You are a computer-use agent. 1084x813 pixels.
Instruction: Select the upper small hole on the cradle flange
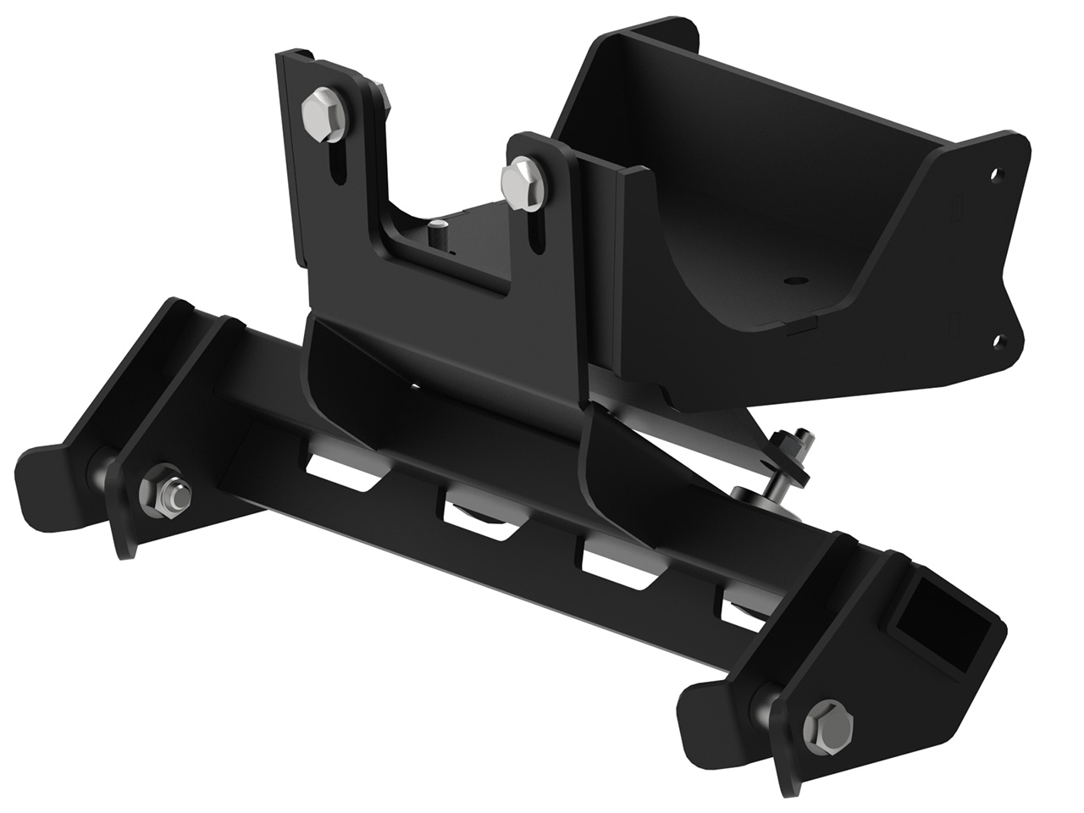(996, 175)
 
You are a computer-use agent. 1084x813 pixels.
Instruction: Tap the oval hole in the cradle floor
(794, 279)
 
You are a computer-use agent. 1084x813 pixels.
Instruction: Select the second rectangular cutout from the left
(471, 517)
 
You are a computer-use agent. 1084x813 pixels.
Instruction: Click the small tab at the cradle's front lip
(801, 326)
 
